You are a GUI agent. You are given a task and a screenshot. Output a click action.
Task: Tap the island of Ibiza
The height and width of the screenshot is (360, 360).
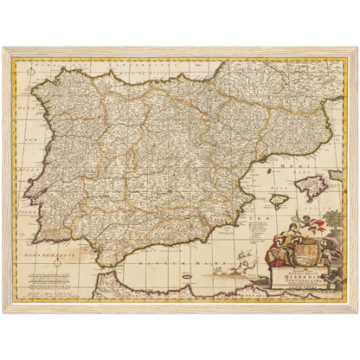pos(279,201)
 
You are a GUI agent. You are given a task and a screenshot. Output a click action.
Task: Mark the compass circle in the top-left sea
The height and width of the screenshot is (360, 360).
pos(29,67)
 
